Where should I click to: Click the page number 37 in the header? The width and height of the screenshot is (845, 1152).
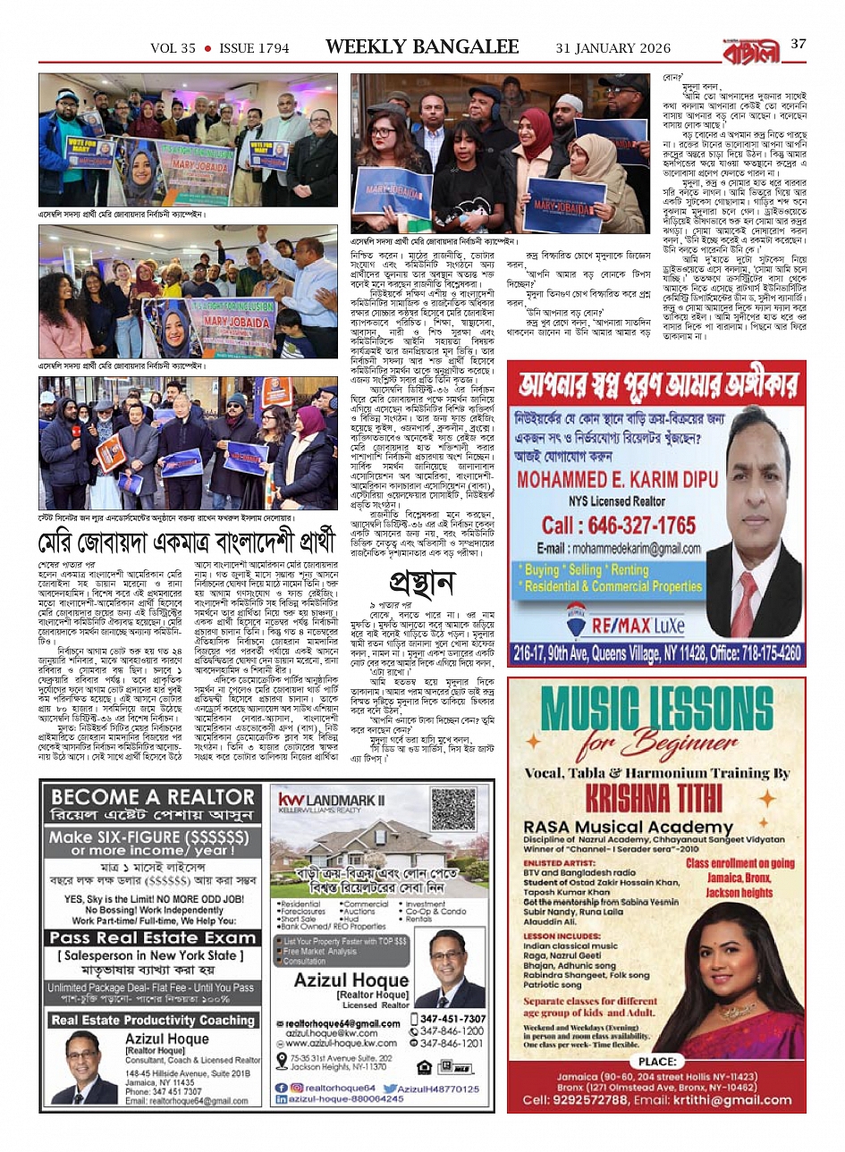pos(799,44)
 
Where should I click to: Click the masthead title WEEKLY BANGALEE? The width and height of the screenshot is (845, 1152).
pos(422,47)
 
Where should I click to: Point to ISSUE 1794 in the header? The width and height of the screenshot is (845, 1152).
pos(254,48)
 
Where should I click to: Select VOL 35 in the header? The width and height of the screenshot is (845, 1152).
pos(173,48)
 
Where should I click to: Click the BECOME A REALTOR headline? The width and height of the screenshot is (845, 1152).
pos(152,797)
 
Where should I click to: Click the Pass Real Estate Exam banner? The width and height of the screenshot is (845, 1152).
pos(152,938)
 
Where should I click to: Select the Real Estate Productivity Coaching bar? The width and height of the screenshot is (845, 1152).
pos(152,1020)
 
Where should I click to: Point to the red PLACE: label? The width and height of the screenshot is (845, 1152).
pos(657,1061)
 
